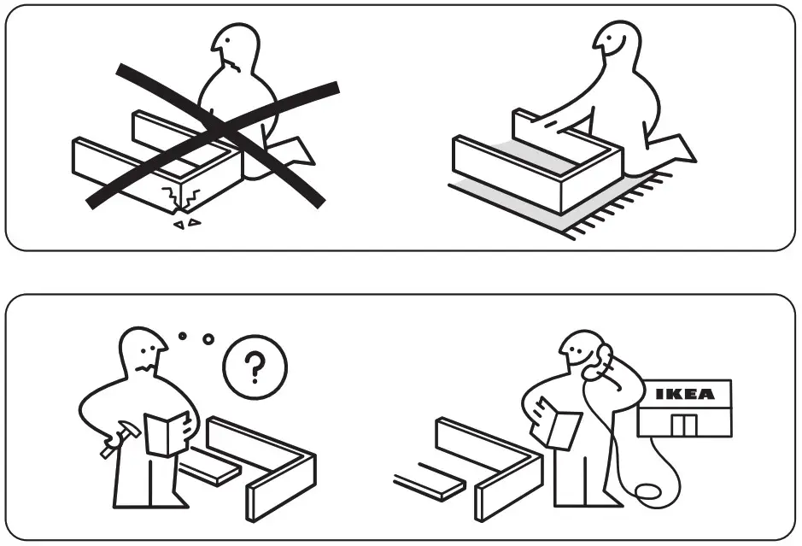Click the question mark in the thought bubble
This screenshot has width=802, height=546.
coord(254,368)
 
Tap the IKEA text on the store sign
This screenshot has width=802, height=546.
coord(684,395)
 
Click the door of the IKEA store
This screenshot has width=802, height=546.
coord(683,424)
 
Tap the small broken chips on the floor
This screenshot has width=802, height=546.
coord(186,224)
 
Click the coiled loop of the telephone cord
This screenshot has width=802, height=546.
coord(645,495)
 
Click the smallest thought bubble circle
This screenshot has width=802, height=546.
coord(182,337)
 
